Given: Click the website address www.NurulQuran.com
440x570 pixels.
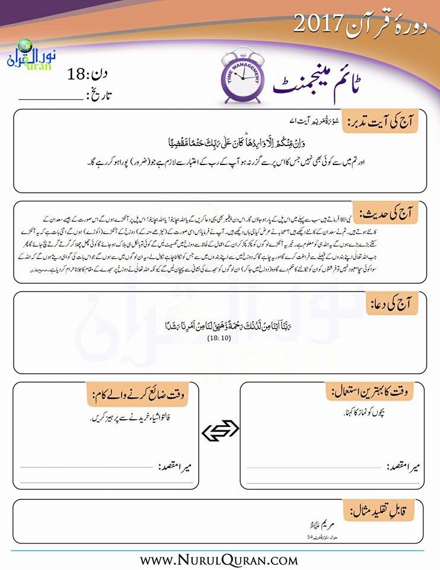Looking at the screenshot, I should [x=219, y=559].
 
